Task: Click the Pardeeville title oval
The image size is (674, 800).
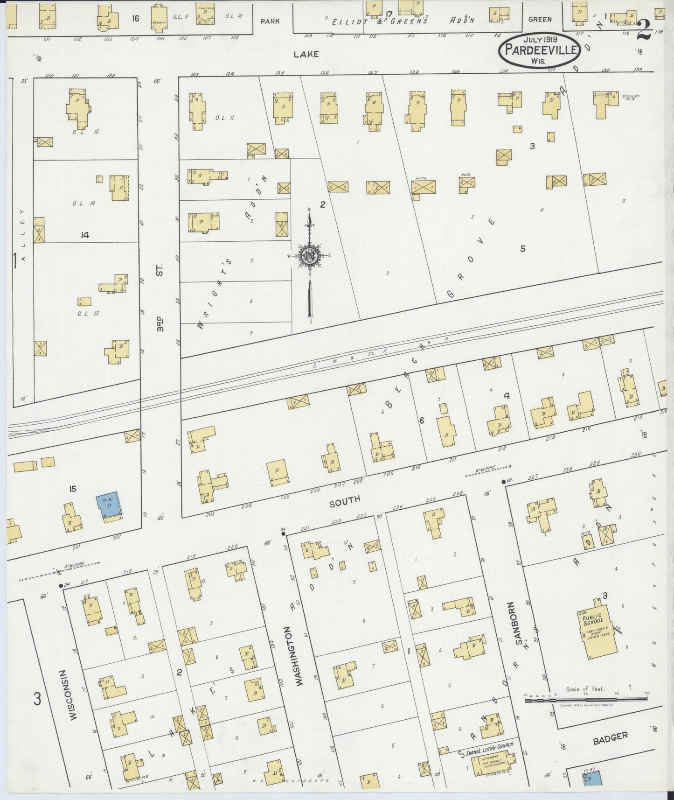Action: pyautogui.click(x=540, y=50)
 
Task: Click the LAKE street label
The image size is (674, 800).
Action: pyautogui.click(x=306, y=54)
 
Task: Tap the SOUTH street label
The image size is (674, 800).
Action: pyautogui.click(x=344, y=501)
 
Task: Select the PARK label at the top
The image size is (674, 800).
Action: pyautogui.click(x=270, y=21)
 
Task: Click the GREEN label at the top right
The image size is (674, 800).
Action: pyautogui.click(x=540, y=19)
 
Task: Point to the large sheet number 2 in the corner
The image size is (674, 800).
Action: pyautogui.click(x=645, y=31)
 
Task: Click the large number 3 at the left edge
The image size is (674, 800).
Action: pyautogui.click(x=38, y=699)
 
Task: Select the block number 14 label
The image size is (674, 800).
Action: pyautogui.click(x=84, y=236)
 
